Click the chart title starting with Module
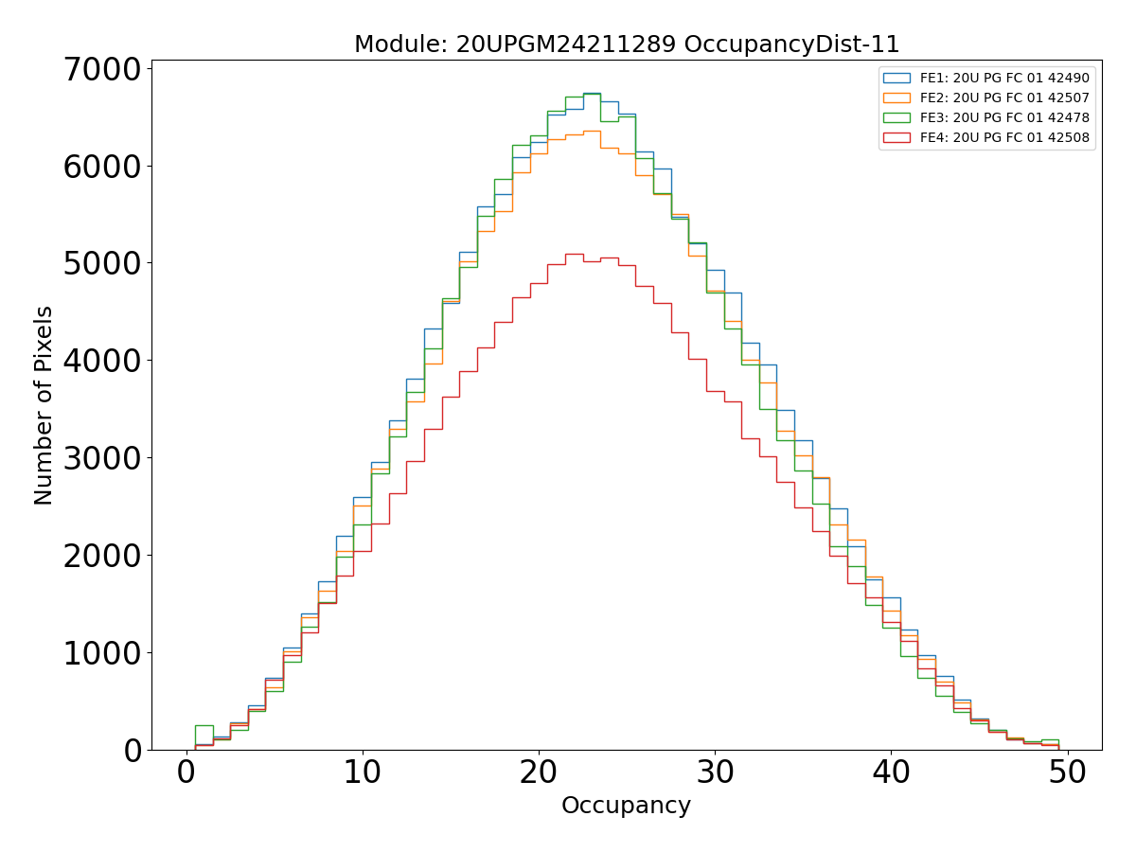626,44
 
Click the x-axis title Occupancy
626,806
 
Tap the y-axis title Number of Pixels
44,405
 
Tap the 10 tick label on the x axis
363,772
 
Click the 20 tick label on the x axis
539,772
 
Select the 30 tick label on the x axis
715,772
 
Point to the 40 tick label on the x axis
891,772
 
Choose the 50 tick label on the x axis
1067,772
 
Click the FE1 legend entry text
1004,78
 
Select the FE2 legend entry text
1004,98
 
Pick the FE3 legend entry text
1004,117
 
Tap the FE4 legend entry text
1004,137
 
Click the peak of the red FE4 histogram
575,254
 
